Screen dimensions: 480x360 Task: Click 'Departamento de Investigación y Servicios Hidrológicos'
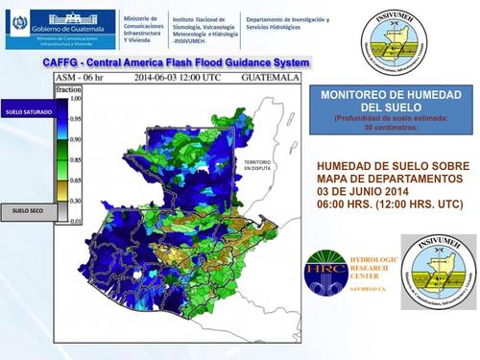[287, 24]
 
